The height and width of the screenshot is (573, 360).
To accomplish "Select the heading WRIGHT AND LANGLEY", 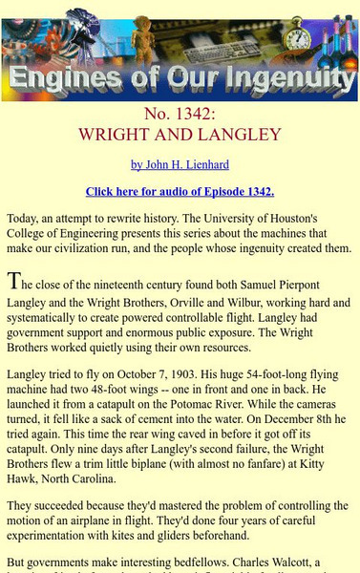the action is click(x=180, y=134).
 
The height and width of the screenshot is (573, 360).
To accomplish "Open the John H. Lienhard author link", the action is click(x=180, y=164).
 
